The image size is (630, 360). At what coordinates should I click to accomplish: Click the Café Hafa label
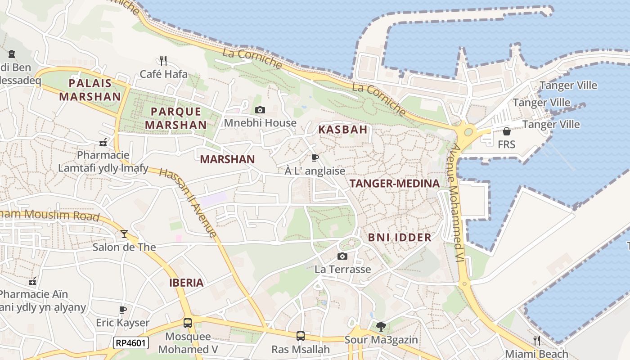pos(163,74)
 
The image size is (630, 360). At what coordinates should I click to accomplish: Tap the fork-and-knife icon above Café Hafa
pos(163,60)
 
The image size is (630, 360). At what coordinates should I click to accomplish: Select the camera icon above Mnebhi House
pos(260,110)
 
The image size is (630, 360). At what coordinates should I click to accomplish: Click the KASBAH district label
pos(343,130)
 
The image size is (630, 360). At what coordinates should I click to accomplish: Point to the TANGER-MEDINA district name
pos(394,184)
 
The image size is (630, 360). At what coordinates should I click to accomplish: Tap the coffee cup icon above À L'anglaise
pos(315,157)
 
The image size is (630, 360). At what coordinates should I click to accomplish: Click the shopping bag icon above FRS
pos(506,131)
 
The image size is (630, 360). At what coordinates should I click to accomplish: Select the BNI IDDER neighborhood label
pos(400,238)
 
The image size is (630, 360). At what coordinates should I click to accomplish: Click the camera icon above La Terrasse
pos(342,256)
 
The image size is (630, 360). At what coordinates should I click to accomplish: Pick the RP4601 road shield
pos(130,343)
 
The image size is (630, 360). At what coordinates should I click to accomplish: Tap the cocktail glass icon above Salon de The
pos(124,234)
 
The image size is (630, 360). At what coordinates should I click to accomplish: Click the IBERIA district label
pos(186,283)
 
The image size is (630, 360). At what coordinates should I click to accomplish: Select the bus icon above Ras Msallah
pos(300,336)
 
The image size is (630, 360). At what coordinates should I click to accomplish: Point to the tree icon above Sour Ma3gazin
pos(381,326)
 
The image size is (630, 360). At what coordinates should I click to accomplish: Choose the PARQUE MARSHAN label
pos(176,118)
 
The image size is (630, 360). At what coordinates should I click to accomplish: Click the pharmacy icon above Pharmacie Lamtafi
pos(103,142)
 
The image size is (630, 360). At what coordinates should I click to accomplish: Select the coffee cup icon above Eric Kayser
pos(122,310)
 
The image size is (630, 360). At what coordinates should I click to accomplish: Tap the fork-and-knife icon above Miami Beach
pos(536,340)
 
